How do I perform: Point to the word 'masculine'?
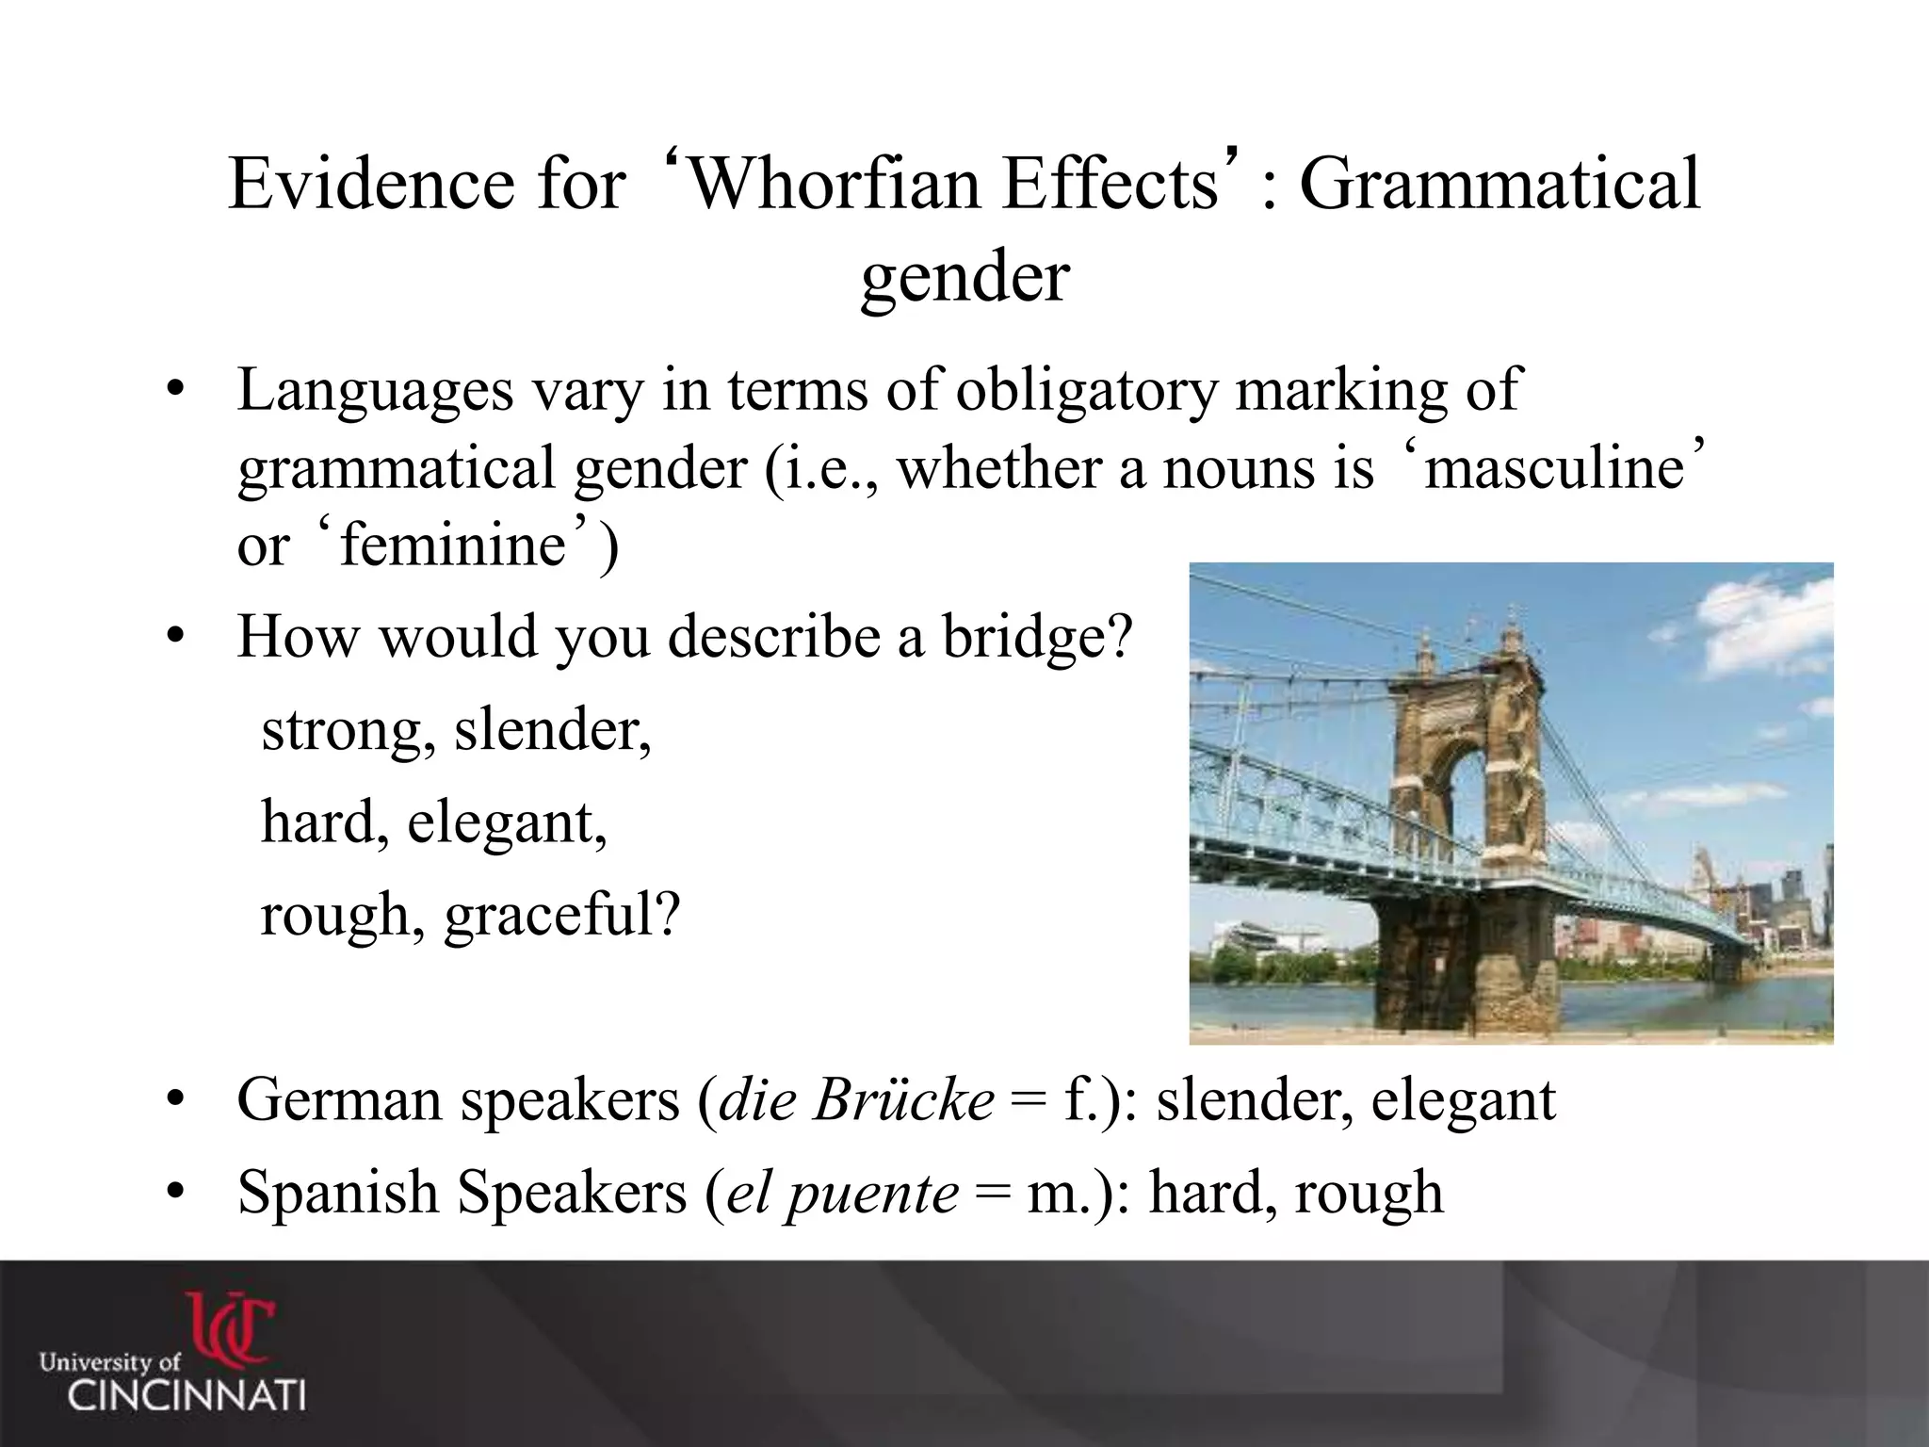click(x=1554, y=467)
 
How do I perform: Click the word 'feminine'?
click(x=452, y=545)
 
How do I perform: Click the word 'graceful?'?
click(x=562, y=915)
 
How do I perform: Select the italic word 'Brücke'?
click(x=904, y=1099)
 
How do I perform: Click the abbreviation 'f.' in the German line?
click(x=1080, y=1099)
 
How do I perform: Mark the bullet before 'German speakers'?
click(x=173, y=1101)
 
